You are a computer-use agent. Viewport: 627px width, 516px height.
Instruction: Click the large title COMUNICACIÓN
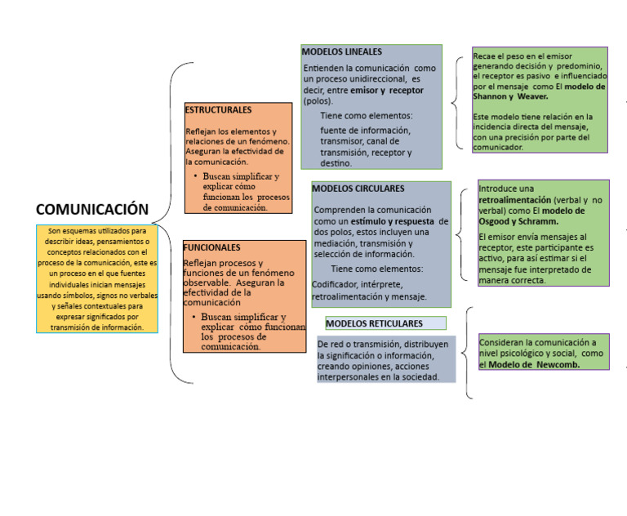(92, 209)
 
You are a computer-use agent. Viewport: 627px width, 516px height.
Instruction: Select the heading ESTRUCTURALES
(218, 110)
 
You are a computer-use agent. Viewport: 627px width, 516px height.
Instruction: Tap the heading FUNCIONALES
(212, 247)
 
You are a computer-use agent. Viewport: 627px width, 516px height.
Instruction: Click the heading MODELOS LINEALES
(342, 51)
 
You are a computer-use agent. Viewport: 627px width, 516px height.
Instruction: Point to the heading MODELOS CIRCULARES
(358, 189)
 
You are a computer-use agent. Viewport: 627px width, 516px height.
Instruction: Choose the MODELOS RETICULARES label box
(386, 323)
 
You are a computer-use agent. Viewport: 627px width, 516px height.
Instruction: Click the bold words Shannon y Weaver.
(510, 96)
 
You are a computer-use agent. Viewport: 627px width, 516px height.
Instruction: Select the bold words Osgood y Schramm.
(518, 221)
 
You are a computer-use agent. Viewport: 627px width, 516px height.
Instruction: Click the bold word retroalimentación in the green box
(514, 200)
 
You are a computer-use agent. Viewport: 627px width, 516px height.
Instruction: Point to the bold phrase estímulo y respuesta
(392, 221)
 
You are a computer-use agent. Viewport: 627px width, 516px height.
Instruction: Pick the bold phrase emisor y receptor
(387, 91)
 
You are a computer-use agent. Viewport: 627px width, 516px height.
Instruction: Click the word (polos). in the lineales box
(318, 101)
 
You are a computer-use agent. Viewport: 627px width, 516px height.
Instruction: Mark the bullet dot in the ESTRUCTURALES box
(195, 176)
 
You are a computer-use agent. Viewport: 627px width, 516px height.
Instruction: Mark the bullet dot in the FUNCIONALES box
(194, 317)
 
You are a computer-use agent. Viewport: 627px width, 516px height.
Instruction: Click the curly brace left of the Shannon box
(456, 103)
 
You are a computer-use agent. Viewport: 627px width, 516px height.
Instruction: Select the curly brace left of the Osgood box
(460, 234)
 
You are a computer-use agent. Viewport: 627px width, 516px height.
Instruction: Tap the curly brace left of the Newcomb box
(466, 353)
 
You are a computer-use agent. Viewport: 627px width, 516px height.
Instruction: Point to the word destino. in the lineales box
(336, 163)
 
